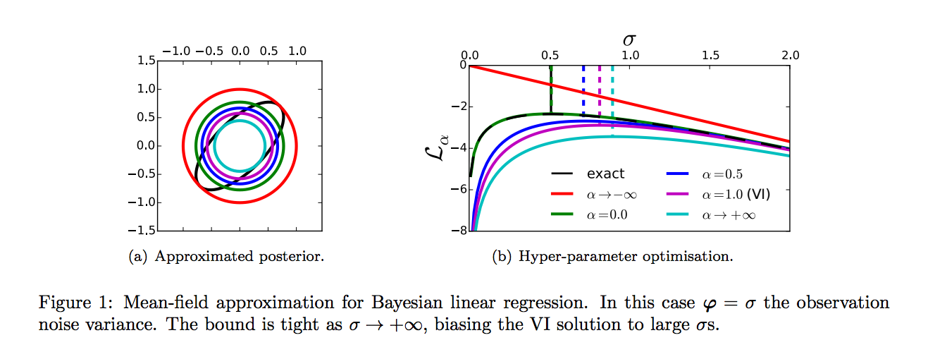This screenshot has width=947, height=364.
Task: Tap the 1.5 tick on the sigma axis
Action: click(710, 55)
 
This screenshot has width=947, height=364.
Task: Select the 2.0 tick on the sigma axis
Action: click(790, 55)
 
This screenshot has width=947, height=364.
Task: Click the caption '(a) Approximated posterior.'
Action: click(226, 257)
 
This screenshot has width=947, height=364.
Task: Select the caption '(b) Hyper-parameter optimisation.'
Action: click(612, 257)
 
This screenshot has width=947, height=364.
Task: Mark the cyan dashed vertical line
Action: click(612, 92)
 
